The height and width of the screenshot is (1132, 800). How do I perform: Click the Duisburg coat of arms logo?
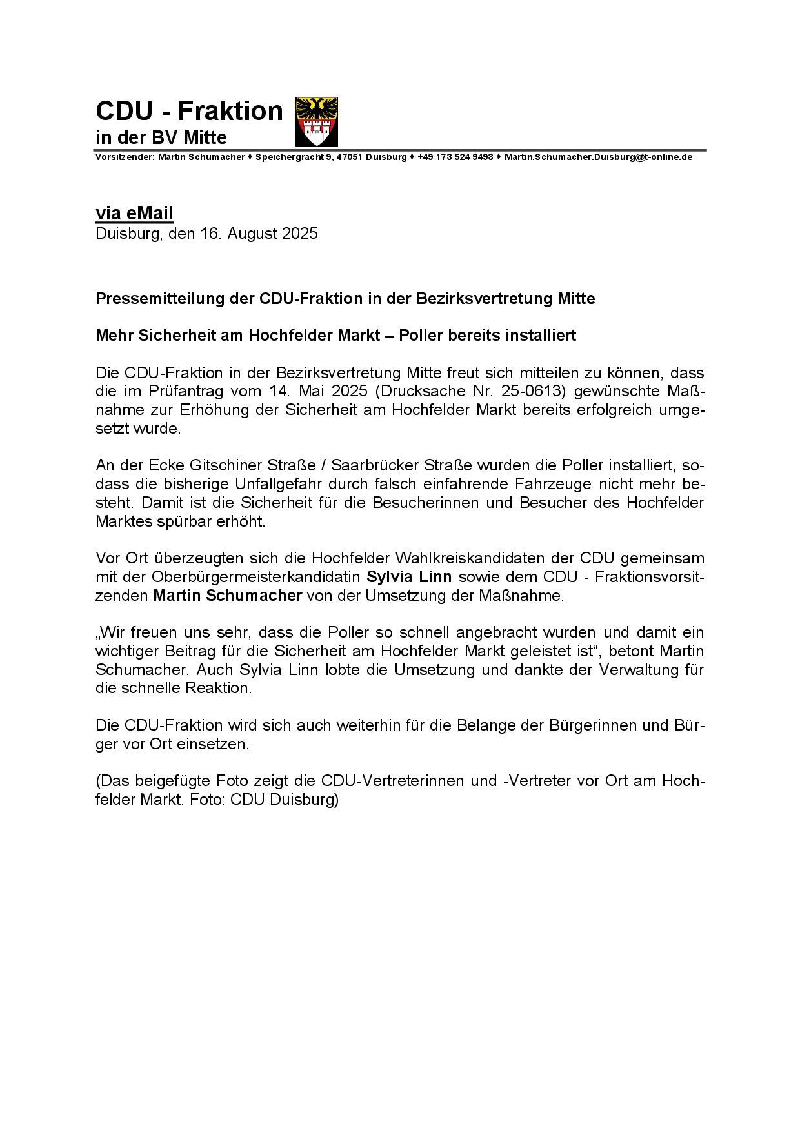316,121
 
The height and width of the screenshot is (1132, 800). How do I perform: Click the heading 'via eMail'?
134,213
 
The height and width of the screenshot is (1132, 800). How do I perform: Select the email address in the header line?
598,157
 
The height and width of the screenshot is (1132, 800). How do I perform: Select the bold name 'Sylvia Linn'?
409,576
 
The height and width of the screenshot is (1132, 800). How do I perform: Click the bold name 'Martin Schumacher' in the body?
227,595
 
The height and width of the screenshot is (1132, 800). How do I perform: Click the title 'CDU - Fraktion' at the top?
189,111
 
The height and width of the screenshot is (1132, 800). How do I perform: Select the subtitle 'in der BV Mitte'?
161,137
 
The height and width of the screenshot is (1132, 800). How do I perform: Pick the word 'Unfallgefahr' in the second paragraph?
282,484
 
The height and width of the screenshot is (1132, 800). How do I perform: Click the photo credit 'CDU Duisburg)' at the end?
284,799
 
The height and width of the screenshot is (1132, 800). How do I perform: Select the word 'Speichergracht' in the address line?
286,157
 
